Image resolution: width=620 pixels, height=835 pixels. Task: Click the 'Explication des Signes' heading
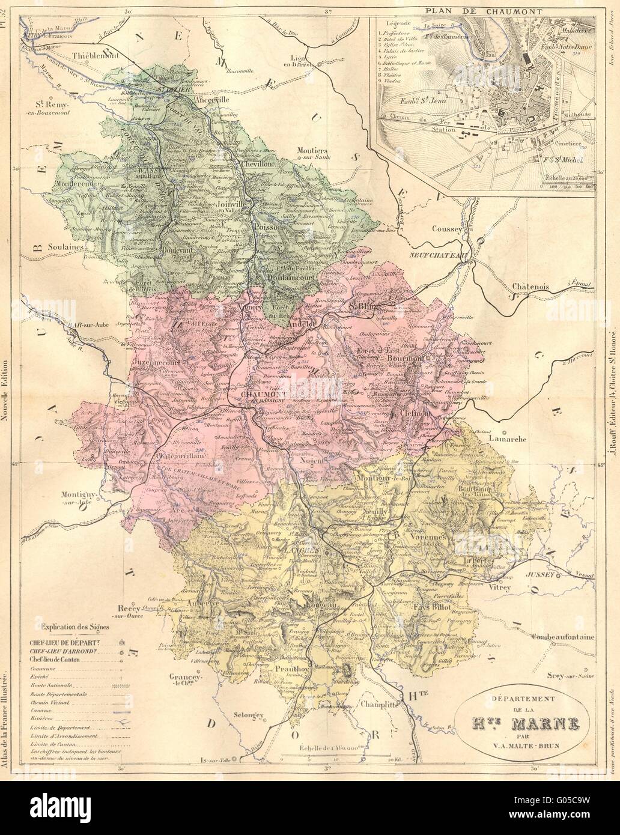[x=75, y=627]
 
